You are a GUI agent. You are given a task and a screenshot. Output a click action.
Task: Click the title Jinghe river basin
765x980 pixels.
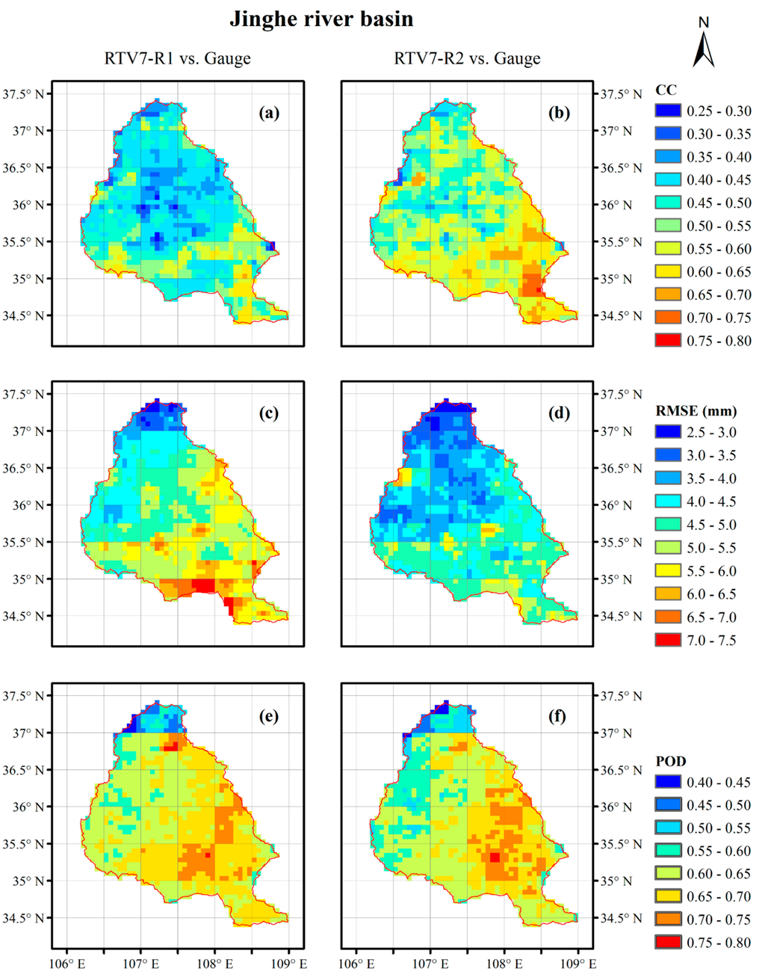[x=321, y=19]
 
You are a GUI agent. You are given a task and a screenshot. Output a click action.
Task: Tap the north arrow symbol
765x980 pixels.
[x=704, y=45]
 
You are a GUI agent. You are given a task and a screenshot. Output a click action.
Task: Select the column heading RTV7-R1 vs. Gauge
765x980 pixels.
[x=177, y=58]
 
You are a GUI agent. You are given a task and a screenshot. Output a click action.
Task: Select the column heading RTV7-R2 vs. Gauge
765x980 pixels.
[x=467, y=58]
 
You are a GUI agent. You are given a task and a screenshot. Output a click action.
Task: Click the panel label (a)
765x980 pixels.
[x=268, y=113]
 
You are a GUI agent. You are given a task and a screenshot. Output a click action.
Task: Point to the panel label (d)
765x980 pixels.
[x=558, y=413]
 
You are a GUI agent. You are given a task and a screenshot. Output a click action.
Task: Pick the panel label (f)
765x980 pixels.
[x=558, y=716]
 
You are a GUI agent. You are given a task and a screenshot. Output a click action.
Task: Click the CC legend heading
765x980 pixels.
[x=666, y=90]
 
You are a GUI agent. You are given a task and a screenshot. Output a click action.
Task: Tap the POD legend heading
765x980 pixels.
[x=670, y=761]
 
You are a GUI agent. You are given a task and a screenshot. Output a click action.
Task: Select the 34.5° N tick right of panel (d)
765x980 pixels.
[x=622, y=617]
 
